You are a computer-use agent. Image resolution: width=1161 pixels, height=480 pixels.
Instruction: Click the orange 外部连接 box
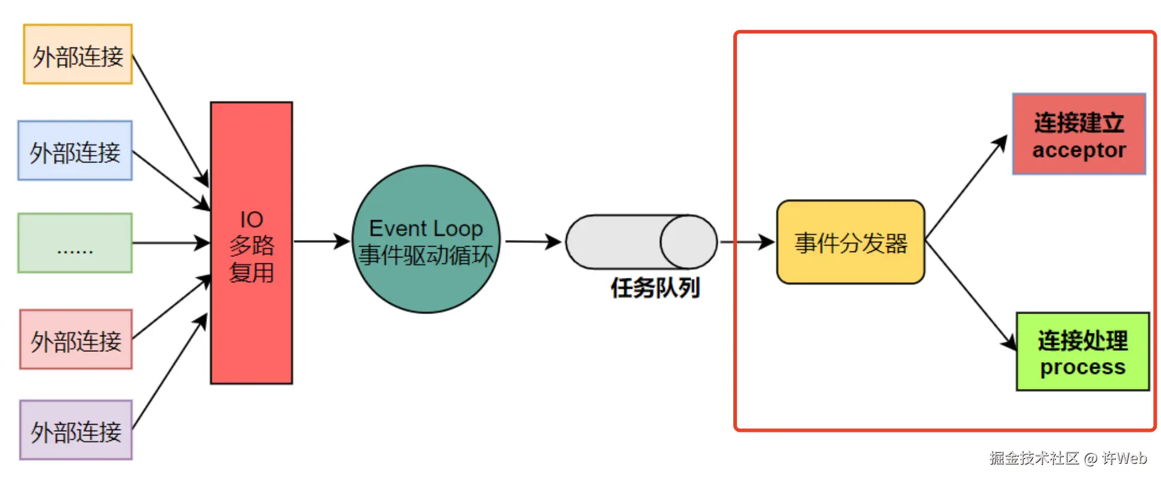78,54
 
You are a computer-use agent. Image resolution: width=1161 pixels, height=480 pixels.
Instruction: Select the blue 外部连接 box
75,150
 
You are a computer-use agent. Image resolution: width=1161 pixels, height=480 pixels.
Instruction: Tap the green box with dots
75,243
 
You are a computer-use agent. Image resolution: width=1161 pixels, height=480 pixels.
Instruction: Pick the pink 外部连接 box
76,339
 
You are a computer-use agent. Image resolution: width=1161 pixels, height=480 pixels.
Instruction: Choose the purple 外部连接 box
76,430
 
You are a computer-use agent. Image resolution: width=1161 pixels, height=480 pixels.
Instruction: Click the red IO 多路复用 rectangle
251,243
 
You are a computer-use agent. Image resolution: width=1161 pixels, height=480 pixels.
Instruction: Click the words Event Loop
426,229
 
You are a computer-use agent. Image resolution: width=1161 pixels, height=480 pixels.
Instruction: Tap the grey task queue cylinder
641,242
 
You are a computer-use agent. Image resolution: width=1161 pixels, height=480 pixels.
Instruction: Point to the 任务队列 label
655,288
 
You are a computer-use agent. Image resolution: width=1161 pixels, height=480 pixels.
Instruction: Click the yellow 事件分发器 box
851,242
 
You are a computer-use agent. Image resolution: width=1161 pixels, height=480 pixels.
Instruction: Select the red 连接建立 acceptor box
1079,134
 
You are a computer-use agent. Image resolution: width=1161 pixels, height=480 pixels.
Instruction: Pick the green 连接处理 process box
1082,352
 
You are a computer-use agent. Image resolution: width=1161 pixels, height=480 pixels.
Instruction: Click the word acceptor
1079,150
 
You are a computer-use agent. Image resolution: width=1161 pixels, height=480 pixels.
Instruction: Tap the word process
1082,367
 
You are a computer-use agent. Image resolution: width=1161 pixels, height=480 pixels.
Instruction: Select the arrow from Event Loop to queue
532,242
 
